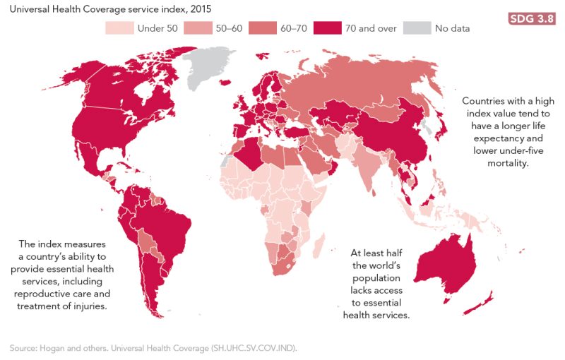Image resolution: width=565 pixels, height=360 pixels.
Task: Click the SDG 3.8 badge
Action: (x=530, y=18)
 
